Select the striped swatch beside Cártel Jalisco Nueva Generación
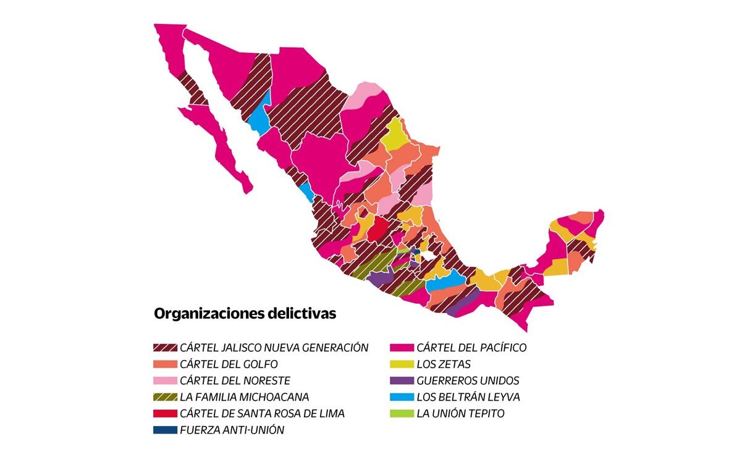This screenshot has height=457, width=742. click(x=165, y=348)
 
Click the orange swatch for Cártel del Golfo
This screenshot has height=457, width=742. click(x=165, y=364)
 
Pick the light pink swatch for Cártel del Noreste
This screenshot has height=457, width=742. click(x=165, y=380)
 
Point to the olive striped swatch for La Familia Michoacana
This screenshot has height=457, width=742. click(x=165, y=397)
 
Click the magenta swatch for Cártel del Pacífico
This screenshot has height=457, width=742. click(x=402, y=348)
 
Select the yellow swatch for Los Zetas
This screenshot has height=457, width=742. click(x=402, y=364)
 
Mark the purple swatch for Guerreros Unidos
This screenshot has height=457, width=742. click(x=402, y=380)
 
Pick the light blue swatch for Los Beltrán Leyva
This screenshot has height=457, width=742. click(x=402, y=397)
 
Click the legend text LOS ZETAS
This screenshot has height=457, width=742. click(x=444, y=364)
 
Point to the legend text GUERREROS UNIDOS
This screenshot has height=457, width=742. click(x=468, y=380)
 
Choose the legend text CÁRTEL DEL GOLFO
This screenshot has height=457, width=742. click(x=229, y=364)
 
